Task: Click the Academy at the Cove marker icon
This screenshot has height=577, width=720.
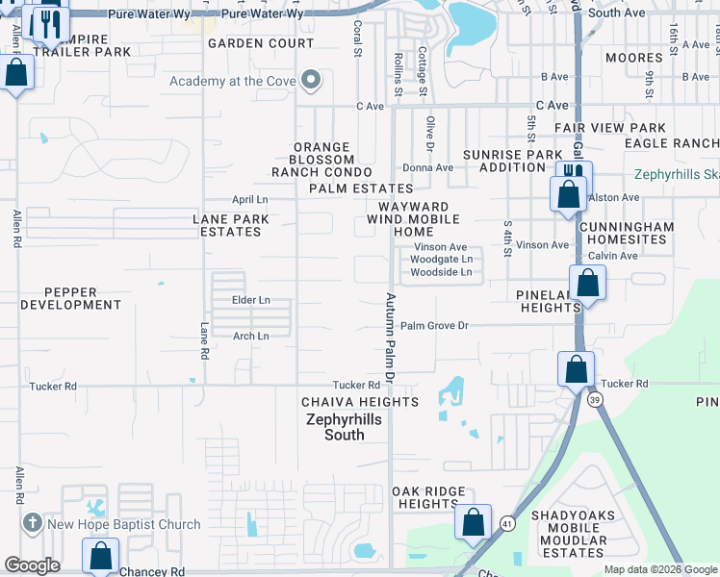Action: tap(310, 81)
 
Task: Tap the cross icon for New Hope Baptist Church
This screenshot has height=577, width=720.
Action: tap(33, 524)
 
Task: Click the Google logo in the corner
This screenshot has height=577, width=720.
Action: tap(32, 565)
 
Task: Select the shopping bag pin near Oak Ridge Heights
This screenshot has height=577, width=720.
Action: tap(473, 522)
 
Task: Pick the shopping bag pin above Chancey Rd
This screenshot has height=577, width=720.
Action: tap(100, 555)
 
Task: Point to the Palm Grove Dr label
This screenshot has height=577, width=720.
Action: tap(434, 326)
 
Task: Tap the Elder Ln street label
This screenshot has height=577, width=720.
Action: tap(250, 300)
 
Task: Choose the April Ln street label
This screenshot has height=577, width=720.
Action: tap(249, 200)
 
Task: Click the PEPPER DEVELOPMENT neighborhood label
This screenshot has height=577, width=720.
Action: tap(70, 298)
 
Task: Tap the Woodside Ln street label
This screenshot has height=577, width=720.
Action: tap(441, 272)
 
